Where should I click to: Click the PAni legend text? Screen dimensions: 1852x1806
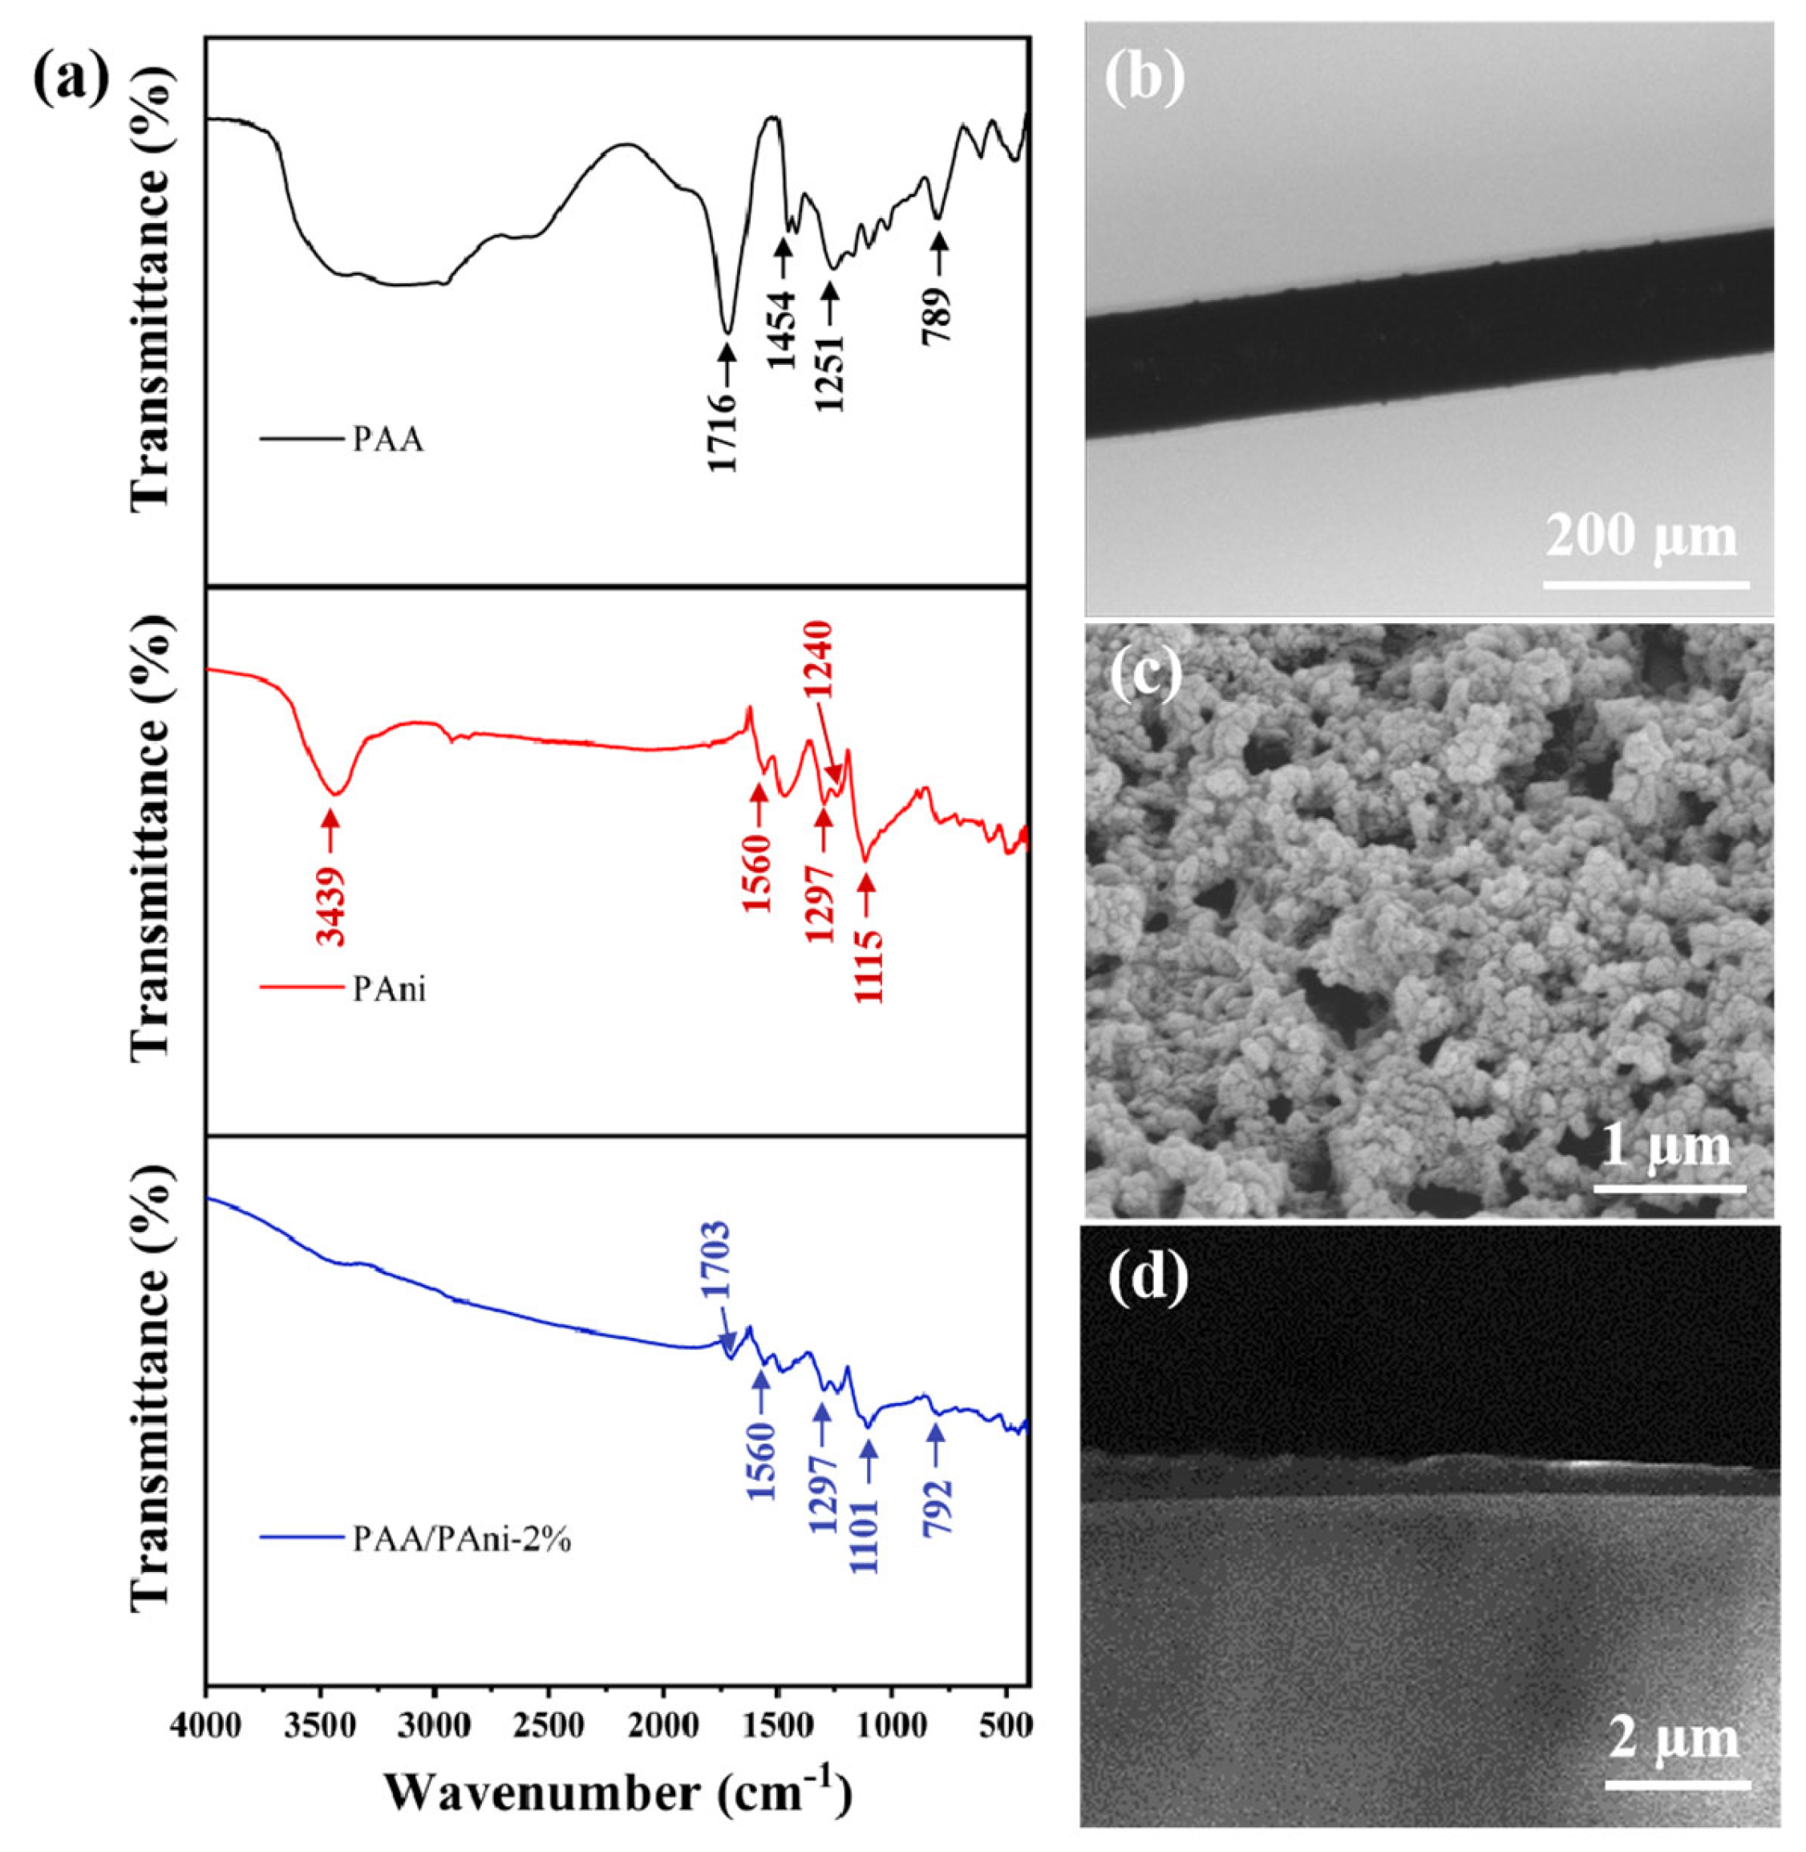pyautogui.click(x=390, y=990)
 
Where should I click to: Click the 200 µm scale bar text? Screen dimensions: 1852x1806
pyautogui.click(x=1642, y=537)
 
